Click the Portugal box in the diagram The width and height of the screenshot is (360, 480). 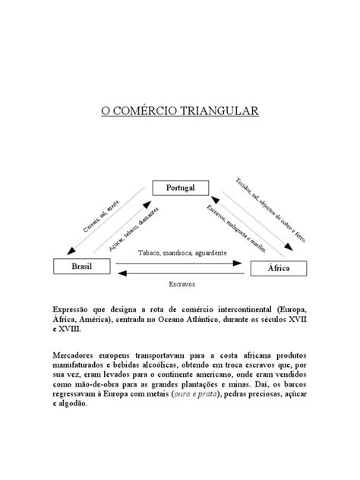coord(180,188)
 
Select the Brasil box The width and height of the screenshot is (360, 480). coord(81,267)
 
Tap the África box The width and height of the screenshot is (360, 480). coord(279,268)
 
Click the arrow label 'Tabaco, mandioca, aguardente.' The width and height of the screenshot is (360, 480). coord(181,253)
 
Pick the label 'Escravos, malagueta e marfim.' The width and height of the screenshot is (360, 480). coord(237,227)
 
